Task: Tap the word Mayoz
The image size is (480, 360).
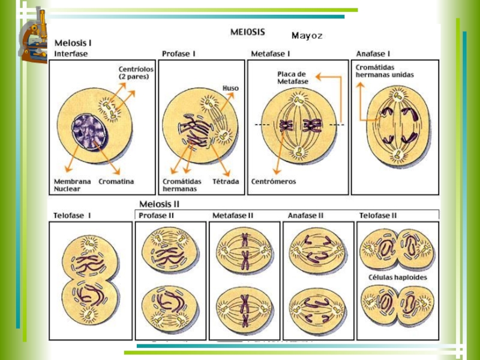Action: coord(307,36)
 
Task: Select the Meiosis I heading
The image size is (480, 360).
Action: coord(73,43)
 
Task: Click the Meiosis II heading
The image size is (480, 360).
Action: coord(159,204)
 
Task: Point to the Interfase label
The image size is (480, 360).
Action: coord(71,53)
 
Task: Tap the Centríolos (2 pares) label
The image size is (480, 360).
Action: coord(136,73)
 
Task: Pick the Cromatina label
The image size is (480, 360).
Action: coord(116,181)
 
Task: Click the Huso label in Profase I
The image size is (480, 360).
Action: coord(230,88)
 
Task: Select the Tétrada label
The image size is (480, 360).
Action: coord(225,181)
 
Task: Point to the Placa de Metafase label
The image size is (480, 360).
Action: coord(292,77)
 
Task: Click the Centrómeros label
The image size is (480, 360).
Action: coord(273,181)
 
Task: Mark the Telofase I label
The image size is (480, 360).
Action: coord(73,215)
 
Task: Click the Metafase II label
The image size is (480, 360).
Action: coord(233,215)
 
